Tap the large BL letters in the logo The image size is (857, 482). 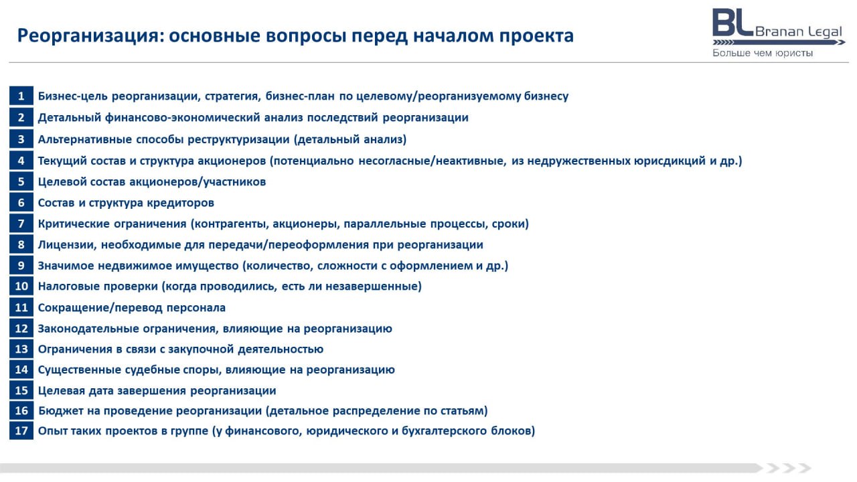coord(732,23)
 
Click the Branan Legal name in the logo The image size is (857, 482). coord(799,31)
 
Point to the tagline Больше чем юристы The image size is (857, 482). coord(763,53)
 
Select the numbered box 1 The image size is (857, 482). coord(21,96)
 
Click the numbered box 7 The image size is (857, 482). coord(21,224)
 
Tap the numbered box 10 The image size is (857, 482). coord(21,286)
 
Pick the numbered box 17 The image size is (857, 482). coord(21,430)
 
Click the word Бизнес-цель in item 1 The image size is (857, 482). coord(73,96)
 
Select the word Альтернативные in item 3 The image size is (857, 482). coord(85,139)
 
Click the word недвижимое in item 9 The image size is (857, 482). coord(135,266)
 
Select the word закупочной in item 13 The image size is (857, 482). coord(201,349)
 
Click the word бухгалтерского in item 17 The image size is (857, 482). coord(444,431)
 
